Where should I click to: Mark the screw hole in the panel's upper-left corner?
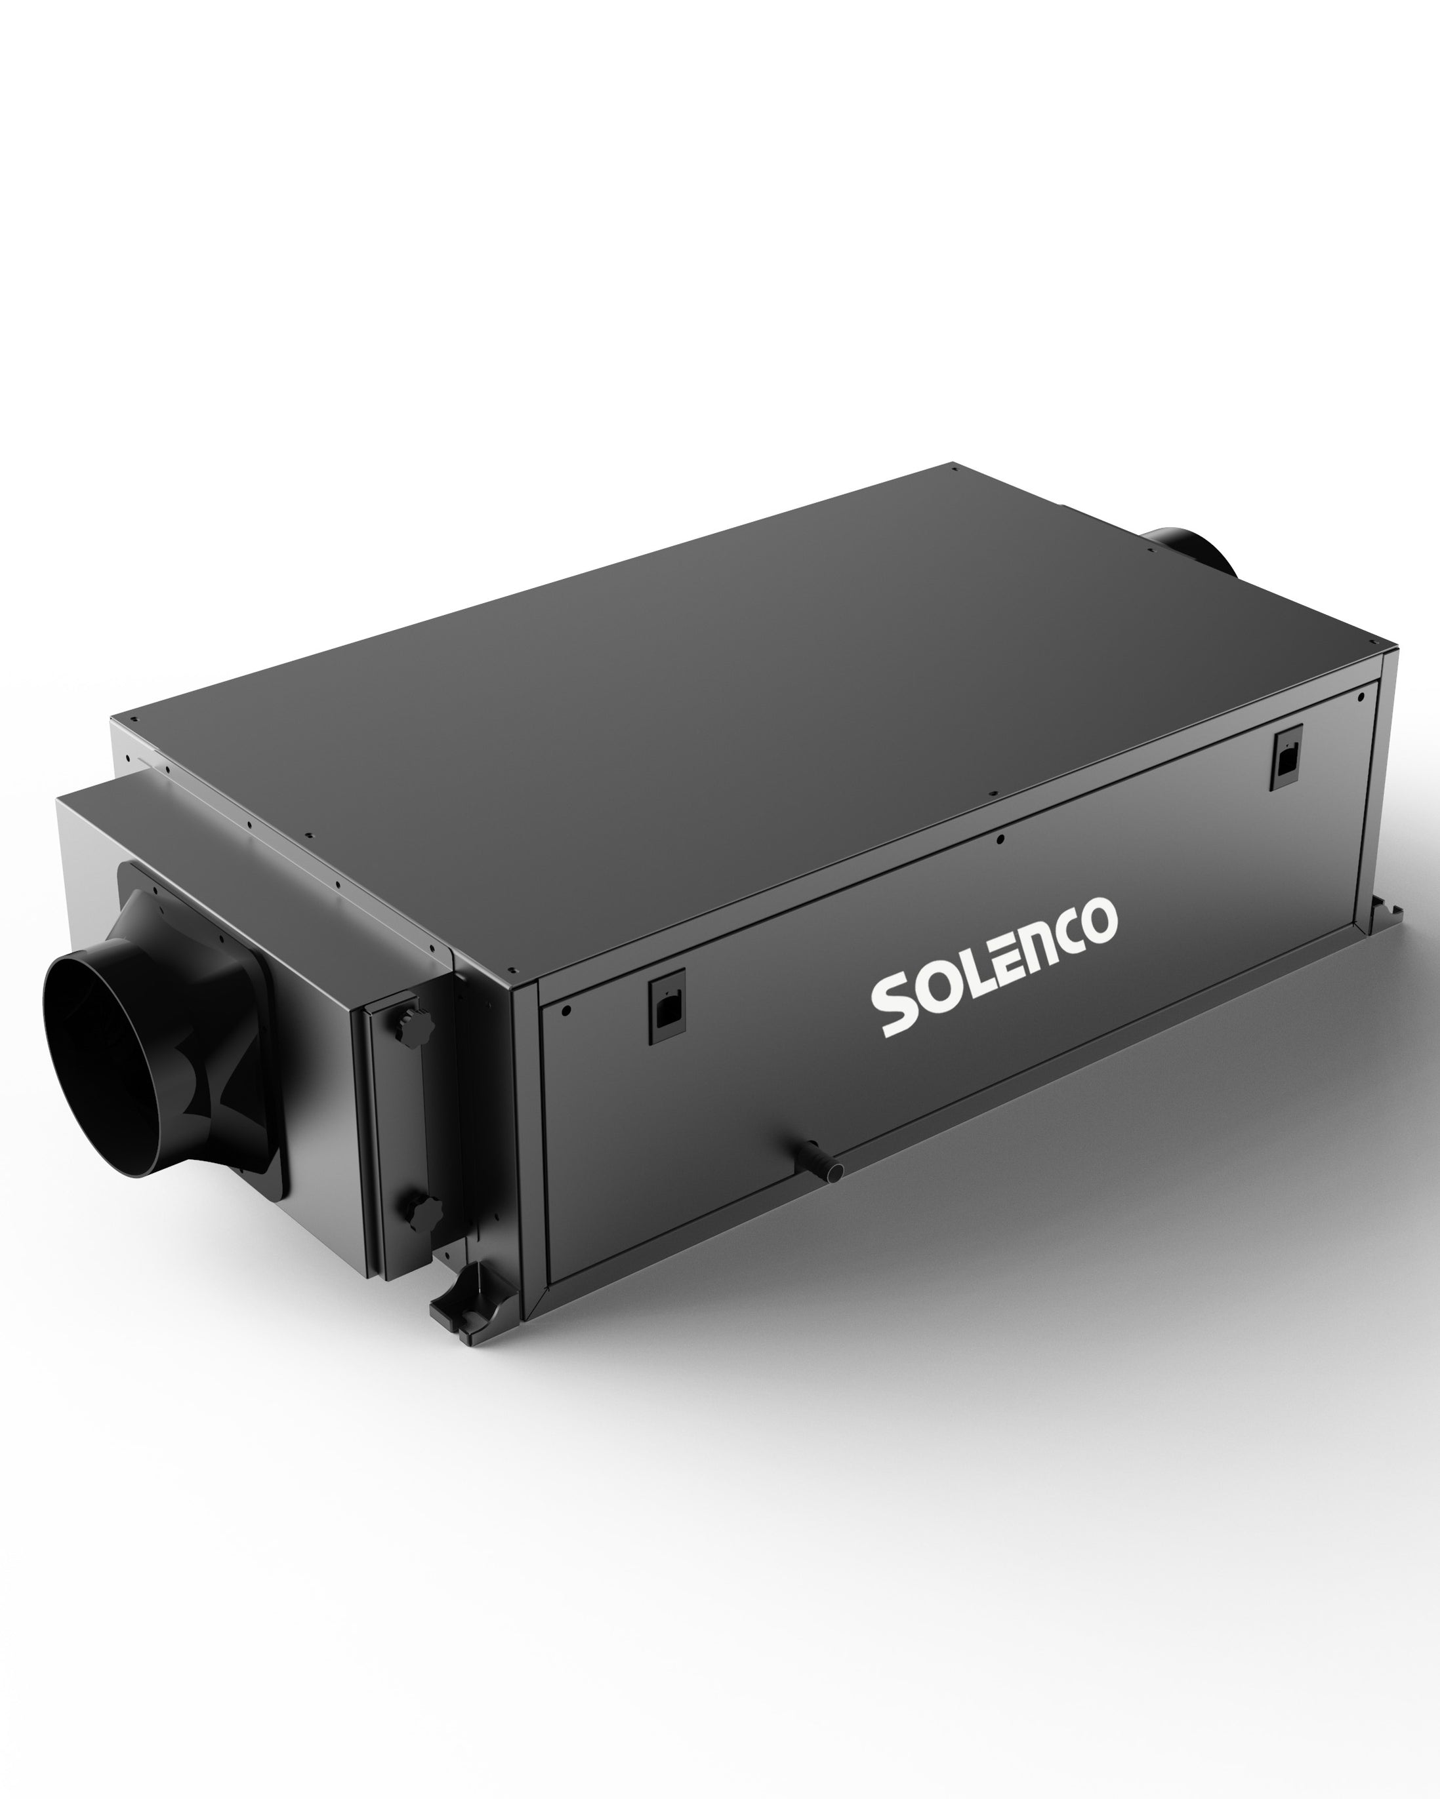[567, 1010]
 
